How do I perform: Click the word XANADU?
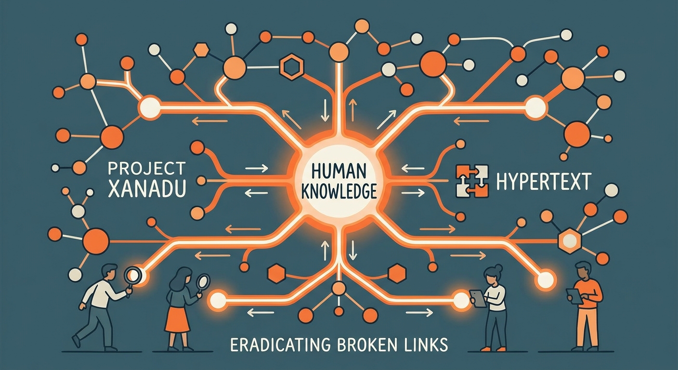[147, 189]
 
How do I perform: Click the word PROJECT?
[147, 168]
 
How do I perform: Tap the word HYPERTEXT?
[543, 181]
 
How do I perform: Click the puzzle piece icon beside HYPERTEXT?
[471, 181]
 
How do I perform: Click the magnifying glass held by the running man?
[132, 277]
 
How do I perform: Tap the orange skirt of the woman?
[178, 318]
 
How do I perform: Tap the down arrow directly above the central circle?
[326, 110]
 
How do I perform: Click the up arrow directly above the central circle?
[352, 110]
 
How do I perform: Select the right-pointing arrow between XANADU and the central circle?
[257, 168]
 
